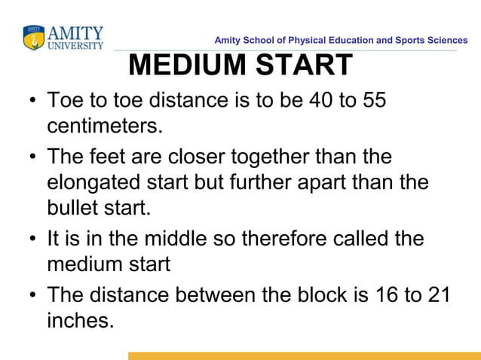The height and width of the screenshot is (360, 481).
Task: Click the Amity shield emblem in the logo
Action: [x=34, y=38]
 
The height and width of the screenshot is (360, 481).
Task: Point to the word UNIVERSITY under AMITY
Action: [x=75, y=45]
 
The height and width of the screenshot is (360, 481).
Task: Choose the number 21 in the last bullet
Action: [x=439, y=295]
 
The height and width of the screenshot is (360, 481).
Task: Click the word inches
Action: [x=80, y=320]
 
